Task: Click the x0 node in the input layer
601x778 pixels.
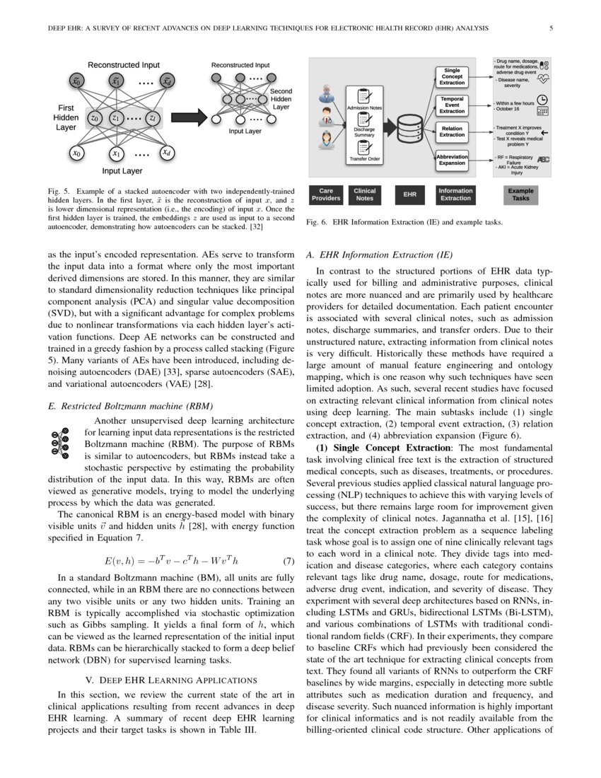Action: coord(77,153)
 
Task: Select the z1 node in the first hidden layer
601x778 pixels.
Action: coord(115,117)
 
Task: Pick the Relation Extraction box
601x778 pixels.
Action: coord(453,131)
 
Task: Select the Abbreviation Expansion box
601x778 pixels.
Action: coord(453,160)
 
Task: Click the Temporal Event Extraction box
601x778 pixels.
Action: coord(453,105)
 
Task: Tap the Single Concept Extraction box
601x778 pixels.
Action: coord(453,76)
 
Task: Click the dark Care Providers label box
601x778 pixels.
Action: coord(326,194)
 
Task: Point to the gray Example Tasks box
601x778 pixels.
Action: coord(520,194)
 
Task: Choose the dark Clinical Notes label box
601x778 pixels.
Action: coord(365,194)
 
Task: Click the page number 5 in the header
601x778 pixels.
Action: coord(550,29)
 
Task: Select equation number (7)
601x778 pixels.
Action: coord(288,562)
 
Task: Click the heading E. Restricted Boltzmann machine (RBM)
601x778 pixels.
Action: coord(124,407)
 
